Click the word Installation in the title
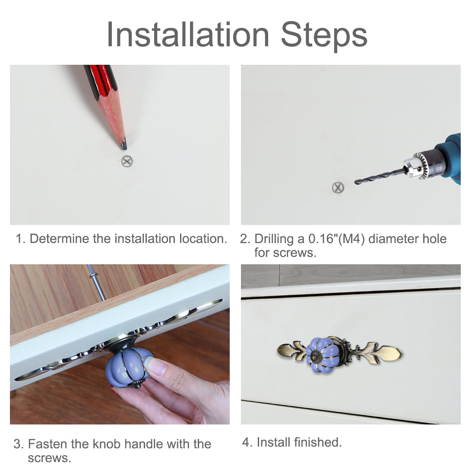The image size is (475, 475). [188, 35]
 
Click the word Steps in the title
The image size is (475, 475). [324, 36]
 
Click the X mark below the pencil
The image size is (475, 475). [127, 161]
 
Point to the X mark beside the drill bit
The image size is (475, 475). [338, 187]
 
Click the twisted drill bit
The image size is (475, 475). [380, 176]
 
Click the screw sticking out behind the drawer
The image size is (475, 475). [97, 282]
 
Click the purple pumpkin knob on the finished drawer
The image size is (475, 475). [322, 355]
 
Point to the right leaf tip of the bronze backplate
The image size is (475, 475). [402, 354]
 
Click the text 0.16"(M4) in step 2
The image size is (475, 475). [336, 239]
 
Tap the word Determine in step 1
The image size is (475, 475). [60, 239]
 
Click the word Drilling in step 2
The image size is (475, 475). [274, 239]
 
